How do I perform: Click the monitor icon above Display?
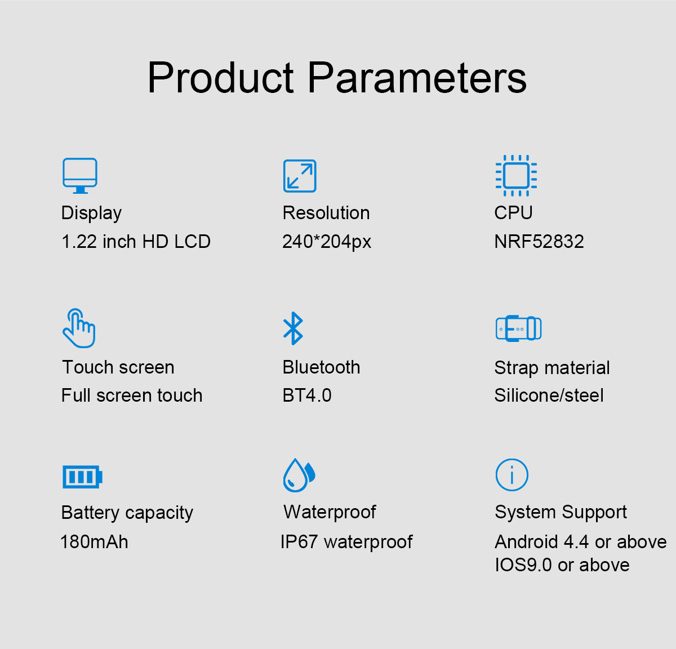[x=80, y=175]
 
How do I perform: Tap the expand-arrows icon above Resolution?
[x=300, y=176]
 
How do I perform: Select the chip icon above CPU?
[x=516, y=175]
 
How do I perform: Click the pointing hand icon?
[x=79, y=328]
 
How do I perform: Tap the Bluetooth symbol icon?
[x=293, y=328]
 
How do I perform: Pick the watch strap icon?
[x=519, y=328]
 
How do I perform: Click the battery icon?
[x=82, y=477]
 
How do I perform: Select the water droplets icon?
[x=299, y=475]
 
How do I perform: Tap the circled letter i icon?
[x=512, y=474]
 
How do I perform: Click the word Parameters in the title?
[x=417, y=78]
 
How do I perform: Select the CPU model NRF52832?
[x=539, y=242]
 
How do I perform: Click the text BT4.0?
[x=307, y=395]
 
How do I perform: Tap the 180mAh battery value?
[x=95, y=541]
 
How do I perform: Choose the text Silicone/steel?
[x=549, y=395]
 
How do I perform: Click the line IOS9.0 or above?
[x=562, y=565]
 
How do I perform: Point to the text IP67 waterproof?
[x=346, y=542]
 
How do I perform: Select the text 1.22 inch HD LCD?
[x=136, y=242]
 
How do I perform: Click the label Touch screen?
[x=118, y=367]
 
